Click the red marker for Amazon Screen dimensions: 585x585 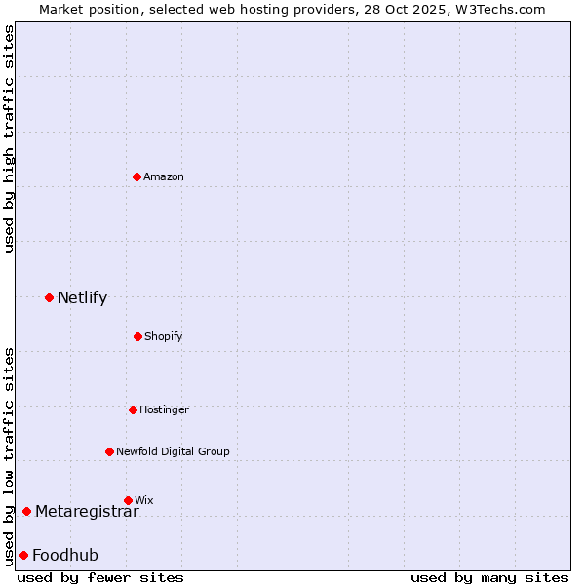pos(137,176)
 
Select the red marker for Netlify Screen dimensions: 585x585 pos(49,297)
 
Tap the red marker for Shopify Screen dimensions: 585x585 pos(137,336)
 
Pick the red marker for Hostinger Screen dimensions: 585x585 pos(133,409)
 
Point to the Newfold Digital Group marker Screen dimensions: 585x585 pos(109,451)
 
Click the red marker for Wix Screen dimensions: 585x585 pos(128,500)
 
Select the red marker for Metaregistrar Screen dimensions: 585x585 pos(26,512)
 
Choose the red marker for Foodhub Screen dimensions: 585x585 pos(23,555)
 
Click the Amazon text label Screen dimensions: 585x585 pos(164,176)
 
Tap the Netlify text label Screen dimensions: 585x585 pos(82,297)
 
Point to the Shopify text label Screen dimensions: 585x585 pos(164,336)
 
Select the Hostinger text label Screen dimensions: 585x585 pos(164,409)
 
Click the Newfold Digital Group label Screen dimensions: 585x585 pos(173,451)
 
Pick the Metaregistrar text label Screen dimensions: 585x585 pos(87,512)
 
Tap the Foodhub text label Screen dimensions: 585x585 pos(65,555)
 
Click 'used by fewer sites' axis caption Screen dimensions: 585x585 pos(100,577)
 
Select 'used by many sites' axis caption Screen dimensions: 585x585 pos(489,577)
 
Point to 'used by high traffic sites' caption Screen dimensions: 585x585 pos(10,138)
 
